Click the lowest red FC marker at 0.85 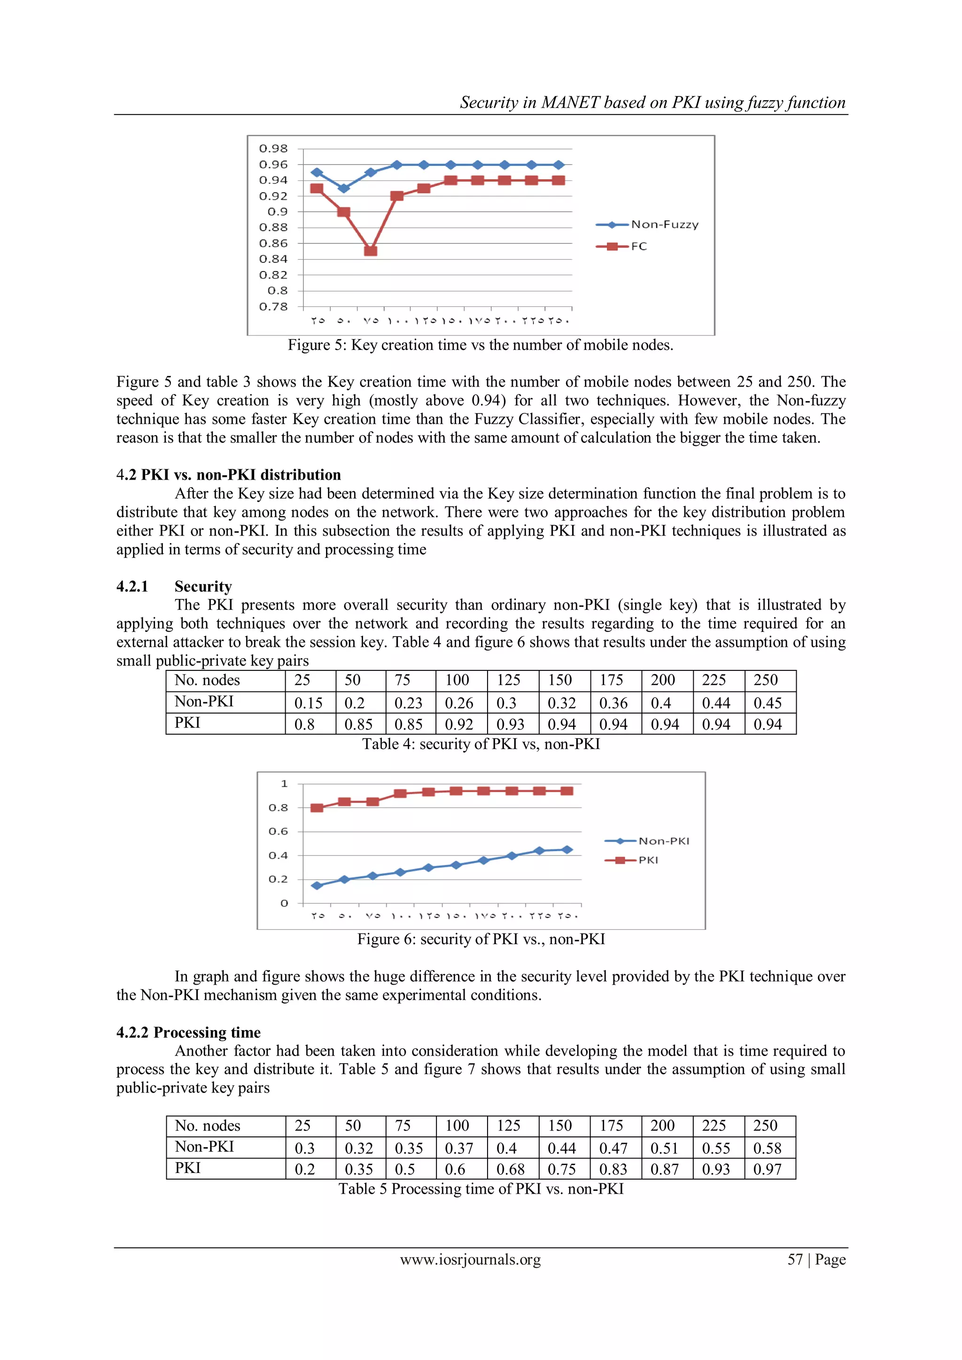point(370,250)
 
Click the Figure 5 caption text point(481,345)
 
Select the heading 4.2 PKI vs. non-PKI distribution point(229,475)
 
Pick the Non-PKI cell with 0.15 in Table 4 point(308,703)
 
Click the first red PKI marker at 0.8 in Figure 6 point(317,808)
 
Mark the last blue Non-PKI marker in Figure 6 point(567,849)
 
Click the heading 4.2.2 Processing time point(188,1033)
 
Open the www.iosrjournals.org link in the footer point(470,1259)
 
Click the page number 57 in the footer point(795,1259)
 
